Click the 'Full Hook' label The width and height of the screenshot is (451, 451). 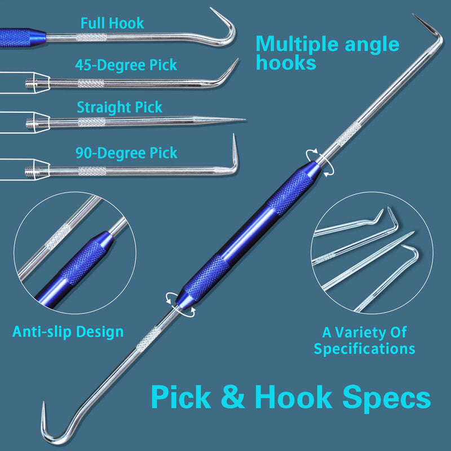pos(112,23)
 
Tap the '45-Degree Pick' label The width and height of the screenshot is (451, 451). pos(126,65)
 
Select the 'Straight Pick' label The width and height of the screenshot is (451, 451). pos(120,107)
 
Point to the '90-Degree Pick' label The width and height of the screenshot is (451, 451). pos(126,153)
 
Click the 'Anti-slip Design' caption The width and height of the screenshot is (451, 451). pos(68,331)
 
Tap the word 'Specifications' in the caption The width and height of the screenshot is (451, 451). pos(364,348)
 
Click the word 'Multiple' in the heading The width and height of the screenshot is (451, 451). pos(297,45)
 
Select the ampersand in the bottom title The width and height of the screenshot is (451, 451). pos(233,397)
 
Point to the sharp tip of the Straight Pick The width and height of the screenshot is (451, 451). pos(245,119)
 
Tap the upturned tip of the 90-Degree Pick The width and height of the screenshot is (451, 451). pos(233,135)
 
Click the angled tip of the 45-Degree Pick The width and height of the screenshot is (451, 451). pos(237,60)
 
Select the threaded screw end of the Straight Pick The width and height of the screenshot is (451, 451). pos(30,123)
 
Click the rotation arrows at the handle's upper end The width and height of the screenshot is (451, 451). pos(320,162)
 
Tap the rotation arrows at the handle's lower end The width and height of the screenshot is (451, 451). pos(180,305)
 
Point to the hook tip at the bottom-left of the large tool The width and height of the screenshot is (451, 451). pos(44,403)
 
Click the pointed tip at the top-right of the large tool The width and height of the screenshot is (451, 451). pos(414,15)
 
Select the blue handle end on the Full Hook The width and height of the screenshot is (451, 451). pos(23,37)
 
